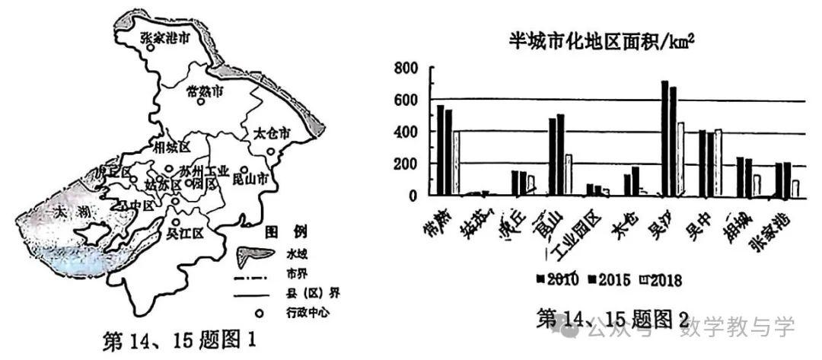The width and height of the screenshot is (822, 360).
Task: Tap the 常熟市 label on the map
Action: coord(205,91)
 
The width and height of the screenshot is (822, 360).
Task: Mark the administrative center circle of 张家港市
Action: coord(151,48)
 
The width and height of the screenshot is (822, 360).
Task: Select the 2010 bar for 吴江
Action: coord(664,138)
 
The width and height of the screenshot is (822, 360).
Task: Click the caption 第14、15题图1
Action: coord(177,337)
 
